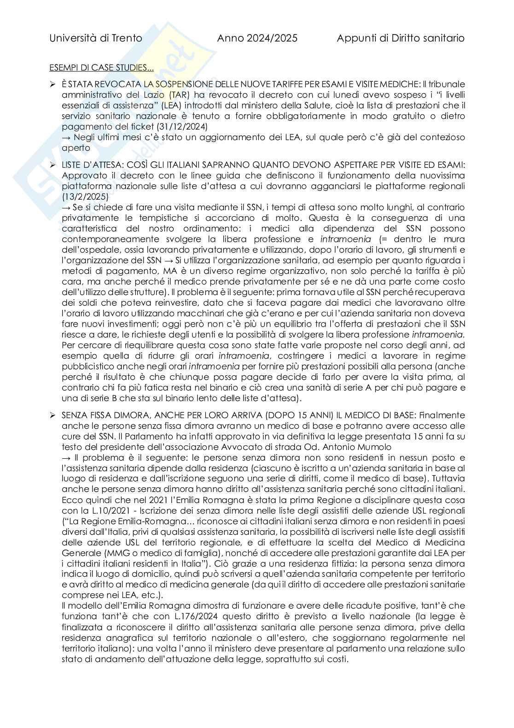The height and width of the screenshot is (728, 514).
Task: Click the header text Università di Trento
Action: [x=96, y=38]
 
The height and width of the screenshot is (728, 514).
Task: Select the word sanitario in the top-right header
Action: [x=442, y=38]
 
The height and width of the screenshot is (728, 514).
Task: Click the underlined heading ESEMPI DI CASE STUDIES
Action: [x=101, y=68]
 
